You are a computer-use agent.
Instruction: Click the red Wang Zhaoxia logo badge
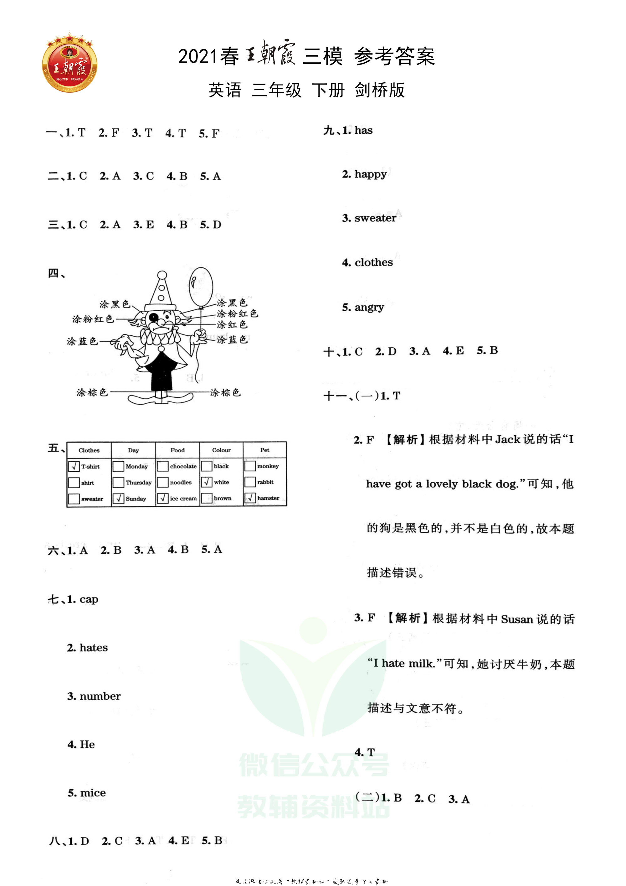pos(69,63)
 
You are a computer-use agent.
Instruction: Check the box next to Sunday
pos(118,499)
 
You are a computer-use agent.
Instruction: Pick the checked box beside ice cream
pos(162,499)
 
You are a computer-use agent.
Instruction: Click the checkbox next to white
pos(207,482)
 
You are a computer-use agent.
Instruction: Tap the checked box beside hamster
pos(250,498)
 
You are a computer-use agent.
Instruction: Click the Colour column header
pos(221,450)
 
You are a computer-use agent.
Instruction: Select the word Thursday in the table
pos(138,482)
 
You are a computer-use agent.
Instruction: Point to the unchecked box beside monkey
pos(250,466)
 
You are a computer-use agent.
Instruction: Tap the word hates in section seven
pos(93,648)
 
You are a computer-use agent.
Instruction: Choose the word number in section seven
pos(100,696)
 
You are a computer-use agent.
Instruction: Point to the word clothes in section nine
pos(373,262)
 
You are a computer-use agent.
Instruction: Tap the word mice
pos(93,793)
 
